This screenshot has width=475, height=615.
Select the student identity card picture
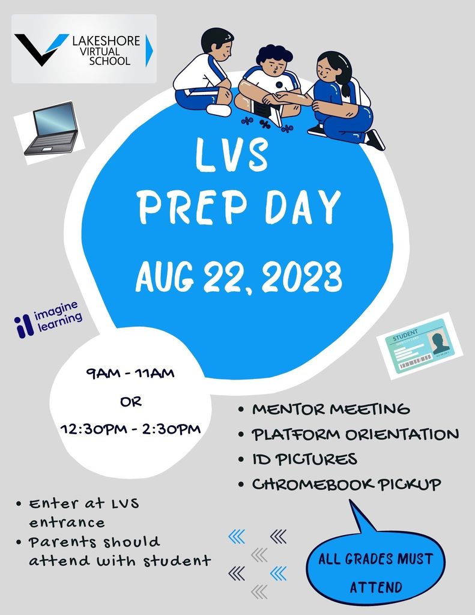pos(420,346)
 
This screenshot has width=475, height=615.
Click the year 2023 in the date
pos(301,277)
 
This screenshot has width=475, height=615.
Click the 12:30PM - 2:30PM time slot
pos(131,429)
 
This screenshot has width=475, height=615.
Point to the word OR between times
pos(131,402)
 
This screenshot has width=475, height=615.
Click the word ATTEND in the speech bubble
pos(376,587)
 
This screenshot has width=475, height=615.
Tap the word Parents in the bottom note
pos(62,542)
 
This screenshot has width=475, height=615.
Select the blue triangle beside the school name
pos(149,50)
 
